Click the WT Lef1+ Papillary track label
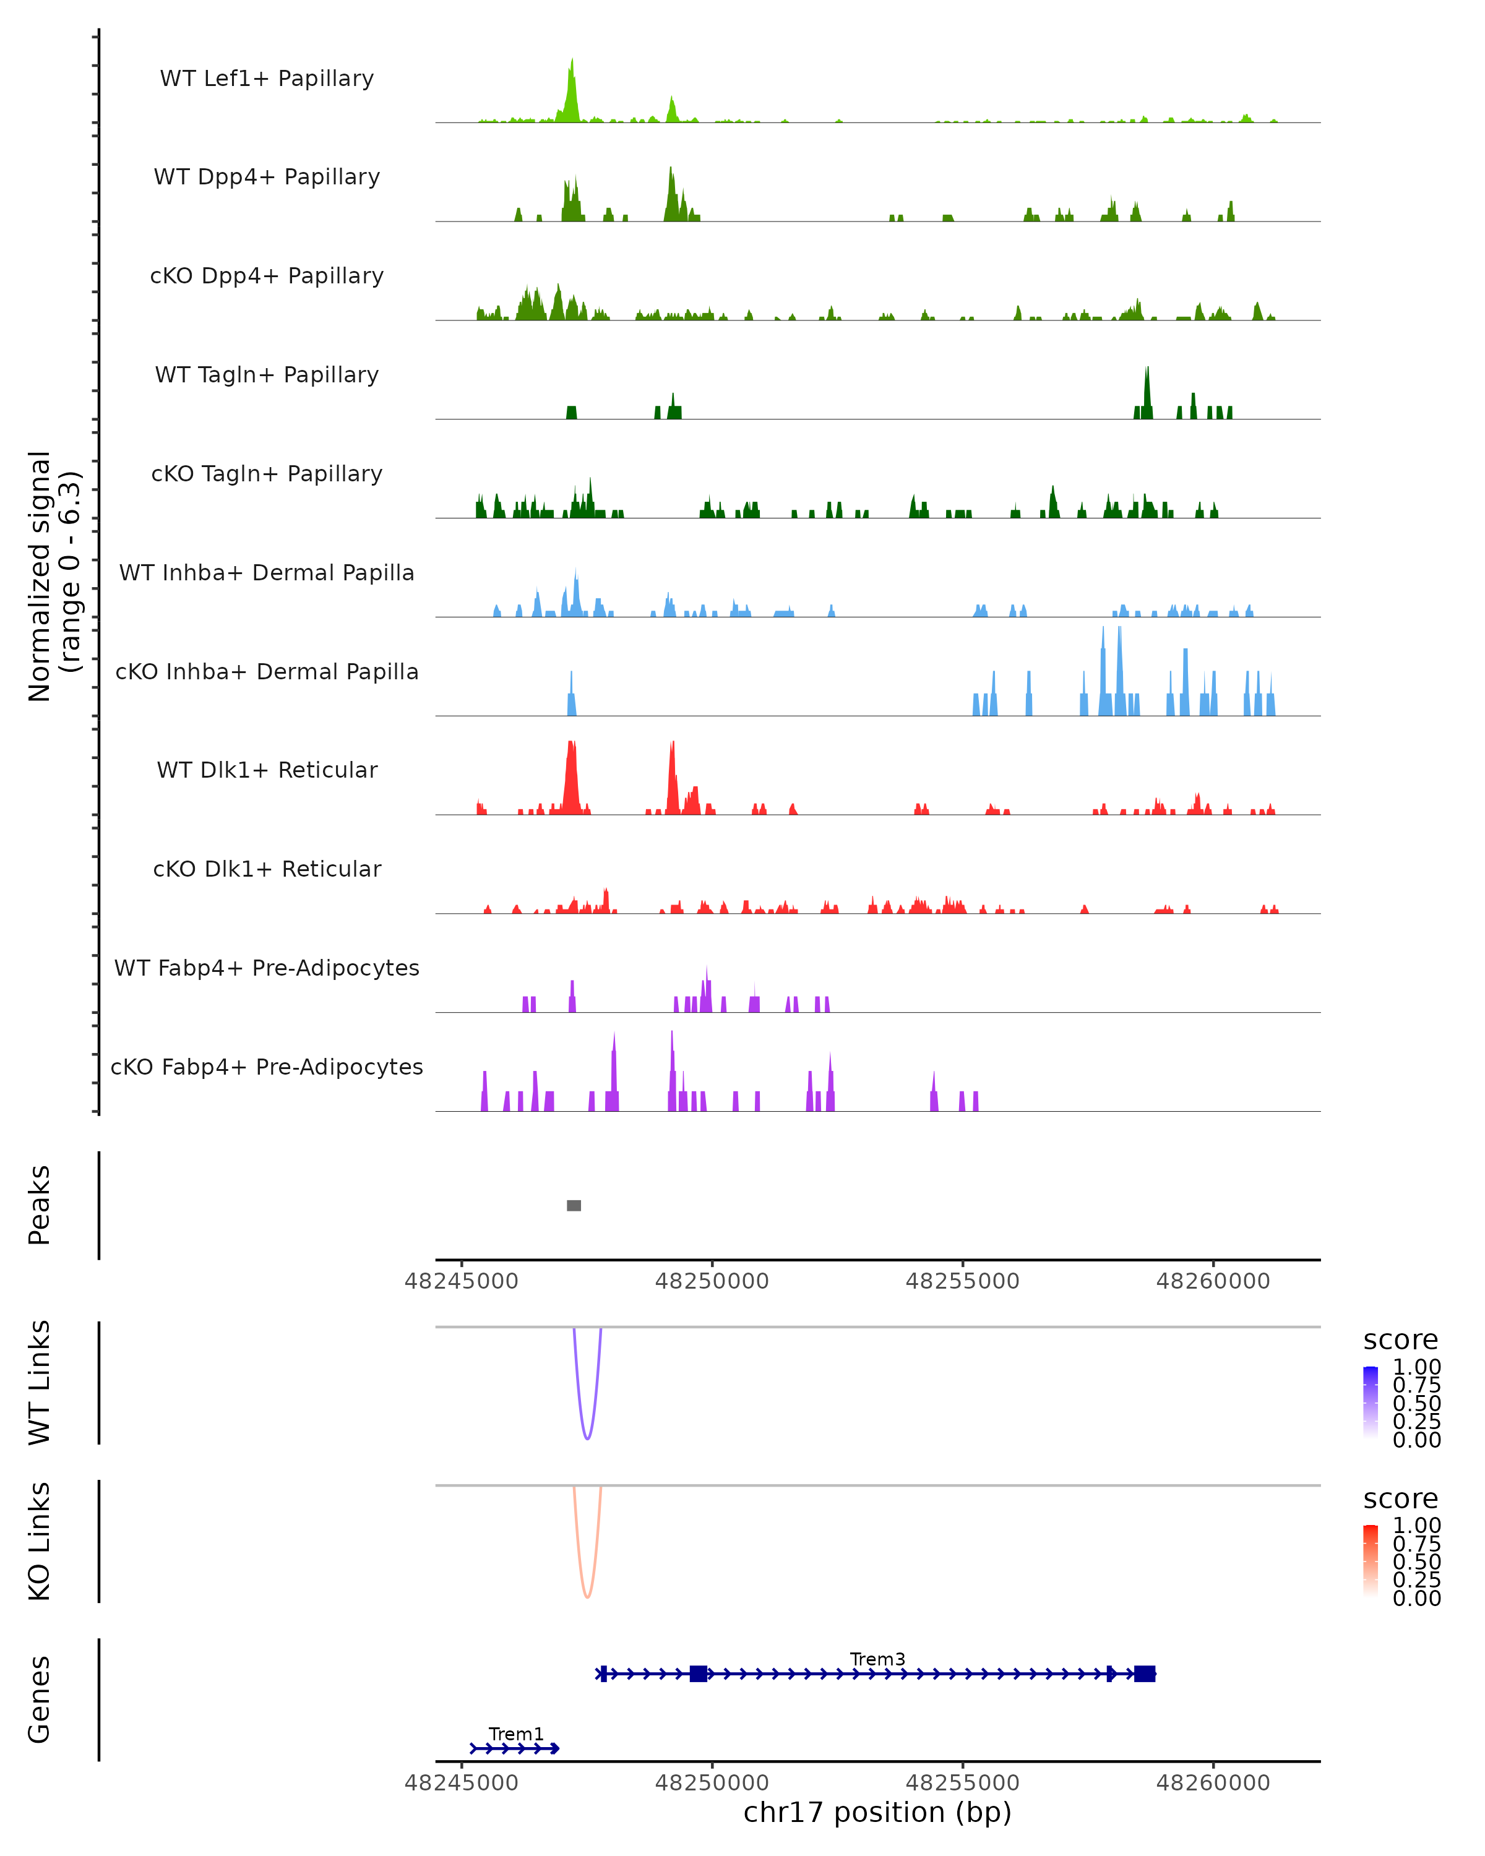tap(267, 79)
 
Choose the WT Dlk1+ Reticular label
tap(267, 770)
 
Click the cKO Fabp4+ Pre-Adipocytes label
tap(267, 1067)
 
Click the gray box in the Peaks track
tap(574, 1205)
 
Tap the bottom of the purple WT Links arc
tap(587, 1438)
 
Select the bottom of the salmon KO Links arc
tap(587, 1597)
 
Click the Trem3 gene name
tap(877, 1659)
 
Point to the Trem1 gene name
tap(515, 1734)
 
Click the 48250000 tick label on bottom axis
tap(712, 1783)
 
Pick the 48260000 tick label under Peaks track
tap(1213, 1281)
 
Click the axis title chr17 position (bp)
tap(877, 1813)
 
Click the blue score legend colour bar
tap(1371, 1401)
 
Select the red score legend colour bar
tap(1371, 1560)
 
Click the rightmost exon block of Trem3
tap(1144, 1673)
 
